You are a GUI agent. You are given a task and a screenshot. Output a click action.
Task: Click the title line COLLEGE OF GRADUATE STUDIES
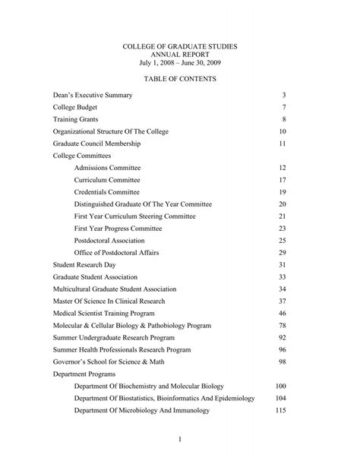[x=180, y=47]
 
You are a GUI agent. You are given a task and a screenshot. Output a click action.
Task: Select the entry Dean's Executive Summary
[x=93, y=95]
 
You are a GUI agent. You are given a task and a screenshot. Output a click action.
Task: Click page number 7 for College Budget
[x=283, y=107]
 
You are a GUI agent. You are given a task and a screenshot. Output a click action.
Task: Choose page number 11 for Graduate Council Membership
[x=282, y=144]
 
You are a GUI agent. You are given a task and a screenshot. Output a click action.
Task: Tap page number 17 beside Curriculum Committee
[x=282, y=180]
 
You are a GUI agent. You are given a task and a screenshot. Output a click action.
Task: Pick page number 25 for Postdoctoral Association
[x=282, y=240]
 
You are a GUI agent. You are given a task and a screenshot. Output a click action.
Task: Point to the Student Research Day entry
[x=84, y=264]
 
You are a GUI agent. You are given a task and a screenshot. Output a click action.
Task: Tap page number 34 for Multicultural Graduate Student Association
[x=282, y=289]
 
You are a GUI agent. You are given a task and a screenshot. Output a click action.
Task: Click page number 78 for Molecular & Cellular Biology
[x=282, y=325]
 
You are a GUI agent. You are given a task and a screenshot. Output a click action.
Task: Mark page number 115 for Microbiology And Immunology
[x=280, y=410]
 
